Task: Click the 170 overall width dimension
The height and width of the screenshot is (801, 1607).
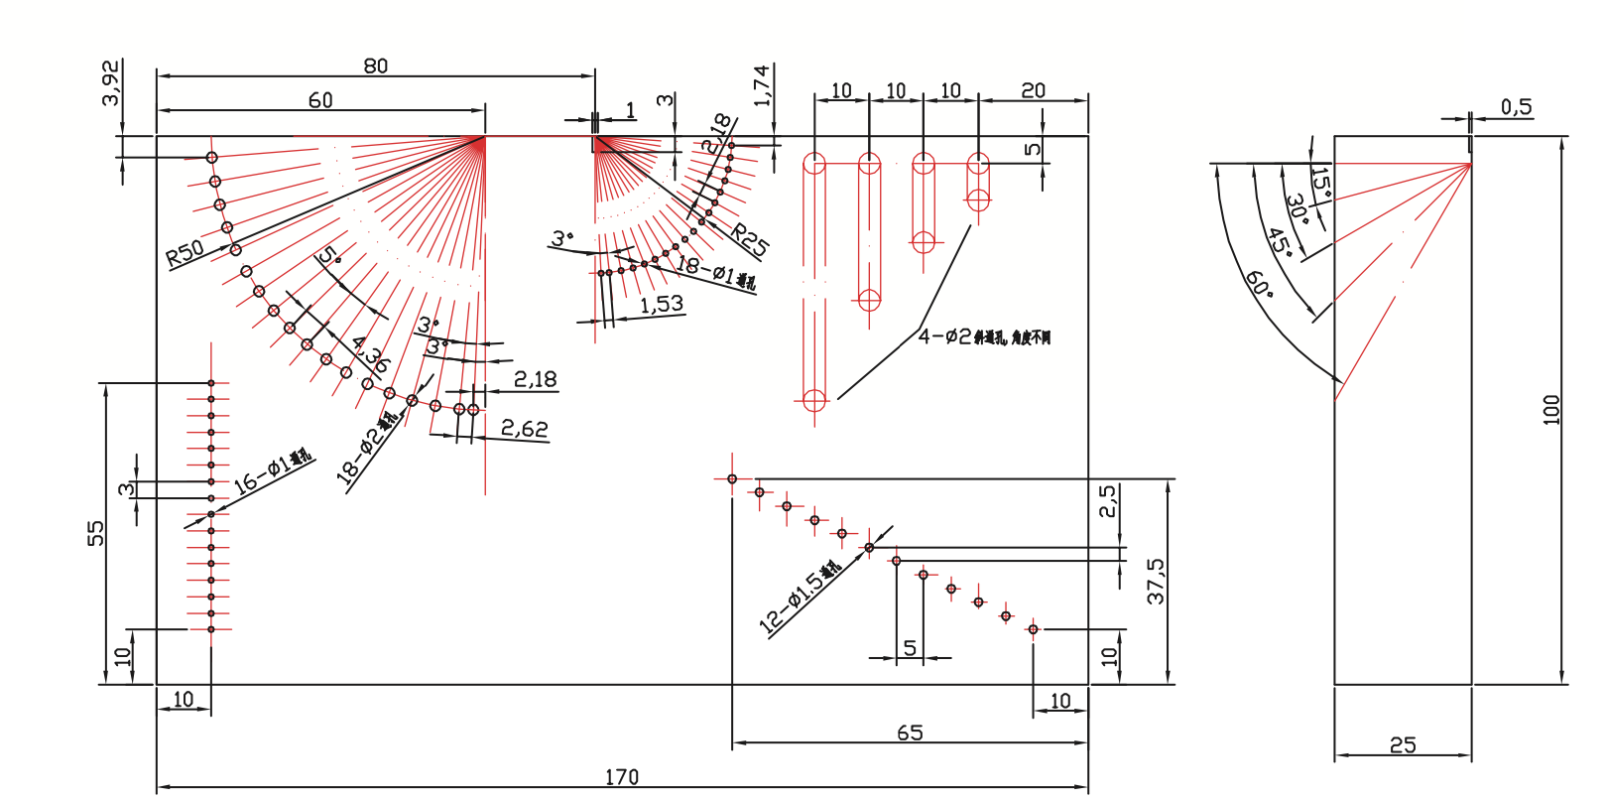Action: pos(622,776)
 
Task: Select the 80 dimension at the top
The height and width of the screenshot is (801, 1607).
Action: pos(375,66)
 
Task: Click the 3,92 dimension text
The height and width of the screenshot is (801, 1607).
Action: pos(111,83)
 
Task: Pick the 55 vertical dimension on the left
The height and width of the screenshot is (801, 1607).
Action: pos(95,533)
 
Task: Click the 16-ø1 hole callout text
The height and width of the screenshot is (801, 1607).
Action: pos(272,472)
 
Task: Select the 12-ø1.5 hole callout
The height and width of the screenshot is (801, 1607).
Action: pos(800,598)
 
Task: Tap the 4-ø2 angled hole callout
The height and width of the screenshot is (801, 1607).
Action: pos(983,337)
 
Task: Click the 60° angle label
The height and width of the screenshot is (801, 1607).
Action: pos(1259,284)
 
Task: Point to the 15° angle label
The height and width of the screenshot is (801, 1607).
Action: pos(1320,183)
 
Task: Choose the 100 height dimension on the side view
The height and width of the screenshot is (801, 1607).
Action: pos(1551,410)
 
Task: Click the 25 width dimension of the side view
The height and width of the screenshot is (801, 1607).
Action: pos(1403,744)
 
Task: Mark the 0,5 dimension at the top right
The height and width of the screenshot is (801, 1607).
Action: pos(1516,106)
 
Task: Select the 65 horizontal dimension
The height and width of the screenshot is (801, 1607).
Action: pos(910,733)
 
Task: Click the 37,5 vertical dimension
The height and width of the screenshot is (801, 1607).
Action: pos(1156,581)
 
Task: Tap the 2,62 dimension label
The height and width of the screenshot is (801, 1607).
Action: pos(524,429)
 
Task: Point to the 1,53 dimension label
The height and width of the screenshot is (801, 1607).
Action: pos(661,304)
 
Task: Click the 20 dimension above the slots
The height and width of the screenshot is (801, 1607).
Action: pos(1033,90)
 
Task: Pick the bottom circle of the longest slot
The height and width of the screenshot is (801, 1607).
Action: pos(814,400)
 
